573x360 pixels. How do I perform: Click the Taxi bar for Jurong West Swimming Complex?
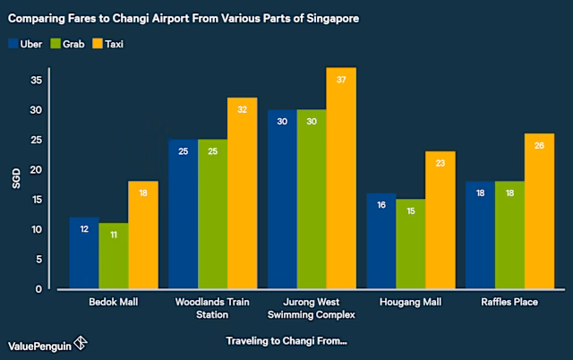coord(341,179)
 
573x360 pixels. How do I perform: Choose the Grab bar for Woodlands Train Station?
coord(213,214)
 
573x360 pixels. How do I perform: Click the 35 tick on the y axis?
coord(38,80)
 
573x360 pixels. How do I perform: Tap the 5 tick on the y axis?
coord(40,260)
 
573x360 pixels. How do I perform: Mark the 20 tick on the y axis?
coord(38,169)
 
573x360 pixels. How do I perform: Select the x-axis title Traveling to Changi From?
coord(286,341)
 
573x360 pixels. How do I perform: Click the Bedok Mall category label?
coord(115,303)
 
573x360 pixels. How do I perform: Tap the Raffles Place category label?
coord(510,303)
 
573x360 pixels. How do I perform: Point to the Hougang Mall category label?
coord(411,303)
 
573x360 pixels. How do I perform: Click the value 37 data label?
coord(341,80)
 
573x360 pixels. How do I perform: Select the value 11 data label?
coord(115,235)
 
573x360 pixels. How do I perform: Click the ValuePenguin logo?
coord(47,344)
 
